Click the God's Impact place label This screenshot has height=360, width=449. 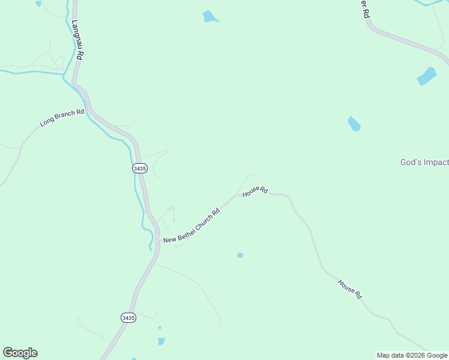[x=424, y=162]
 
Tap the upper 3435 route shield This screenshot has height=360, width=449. [x=139, y=169]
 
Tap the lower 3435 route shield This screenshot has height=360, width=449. [x=128, y=317]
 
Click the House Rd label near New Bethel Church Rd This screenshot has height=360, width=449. [x=255, y=191]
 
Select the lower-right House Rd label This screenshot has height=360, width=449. [x=350, y=289]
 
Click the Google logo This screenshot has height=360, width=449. [x=20, y=353]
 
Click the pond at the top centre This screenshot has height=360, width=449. [x=209, y=17]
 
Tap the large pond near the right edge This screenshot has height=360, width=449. [x=426, y=76]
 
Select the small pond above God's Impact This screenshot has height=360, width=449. [x=354, y=124]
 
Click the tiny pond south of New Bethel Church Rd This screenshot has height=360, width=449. [x=240, y=255]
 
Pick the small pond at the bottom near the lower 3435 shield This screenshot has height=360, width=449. [x=161, y=341]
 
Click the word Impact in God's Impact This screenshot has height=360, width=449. [x=436, y=162]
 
